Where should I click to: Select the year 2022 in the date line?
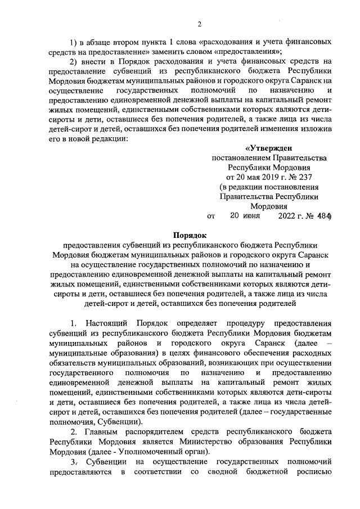[289, 215]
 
